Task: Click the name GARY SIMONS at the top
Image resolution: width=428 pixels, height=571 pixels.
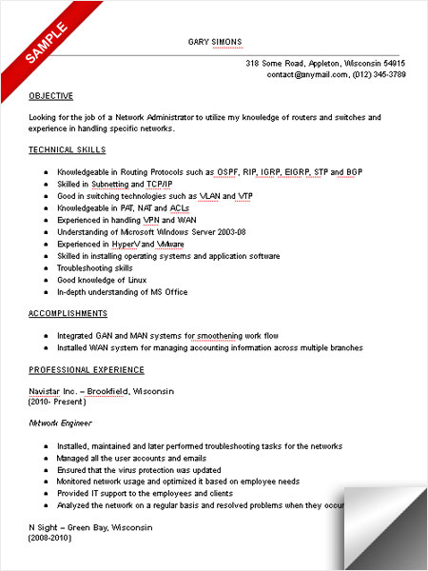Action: point(216,42)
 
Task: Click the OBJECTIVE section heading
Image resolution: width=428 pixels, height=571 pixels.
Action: point(50,96)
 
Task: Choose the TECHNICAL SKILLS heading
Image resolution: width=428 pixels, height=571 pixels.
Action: point(68,150)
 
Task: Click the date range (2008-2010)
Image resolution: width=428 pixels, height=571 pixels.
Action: point(51,540)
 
